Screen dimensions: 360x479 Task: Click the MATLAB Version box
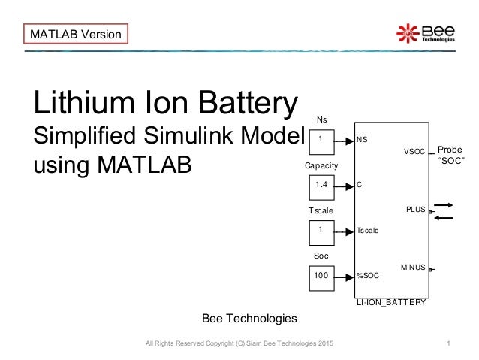pos(75,34)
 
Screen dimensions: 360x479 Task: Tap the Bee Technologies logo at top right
pos(426,33)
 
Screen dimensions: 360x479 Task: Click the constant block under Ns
pos(321,139)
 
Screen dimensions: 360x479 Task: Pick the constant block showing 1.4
pos(321,184)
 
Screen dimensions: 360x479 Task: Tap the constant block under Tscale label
pos(321,230)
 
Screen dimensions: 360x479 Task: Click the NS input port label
pos(363,140)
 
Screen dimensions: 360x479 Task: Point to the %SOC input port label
pos(368,276)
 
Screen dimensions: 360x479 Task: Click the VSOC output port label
pos(414,152)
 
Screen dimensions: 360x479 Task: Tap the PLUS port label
pos(415,210)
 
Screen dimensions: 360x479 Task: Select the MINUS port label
pos(413,268)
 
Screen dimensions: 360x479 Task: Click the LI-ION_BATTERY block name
pos(391,302)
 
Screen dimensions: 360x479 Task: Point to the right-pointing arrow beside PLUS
pos(444,204)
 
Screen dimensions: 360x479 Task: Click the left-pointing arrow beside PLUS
pos(444,218)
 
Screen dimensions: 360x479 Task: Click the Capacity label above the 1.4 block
pos(321,165)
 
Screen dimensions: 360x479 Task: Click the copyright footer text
pos(239,343)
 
